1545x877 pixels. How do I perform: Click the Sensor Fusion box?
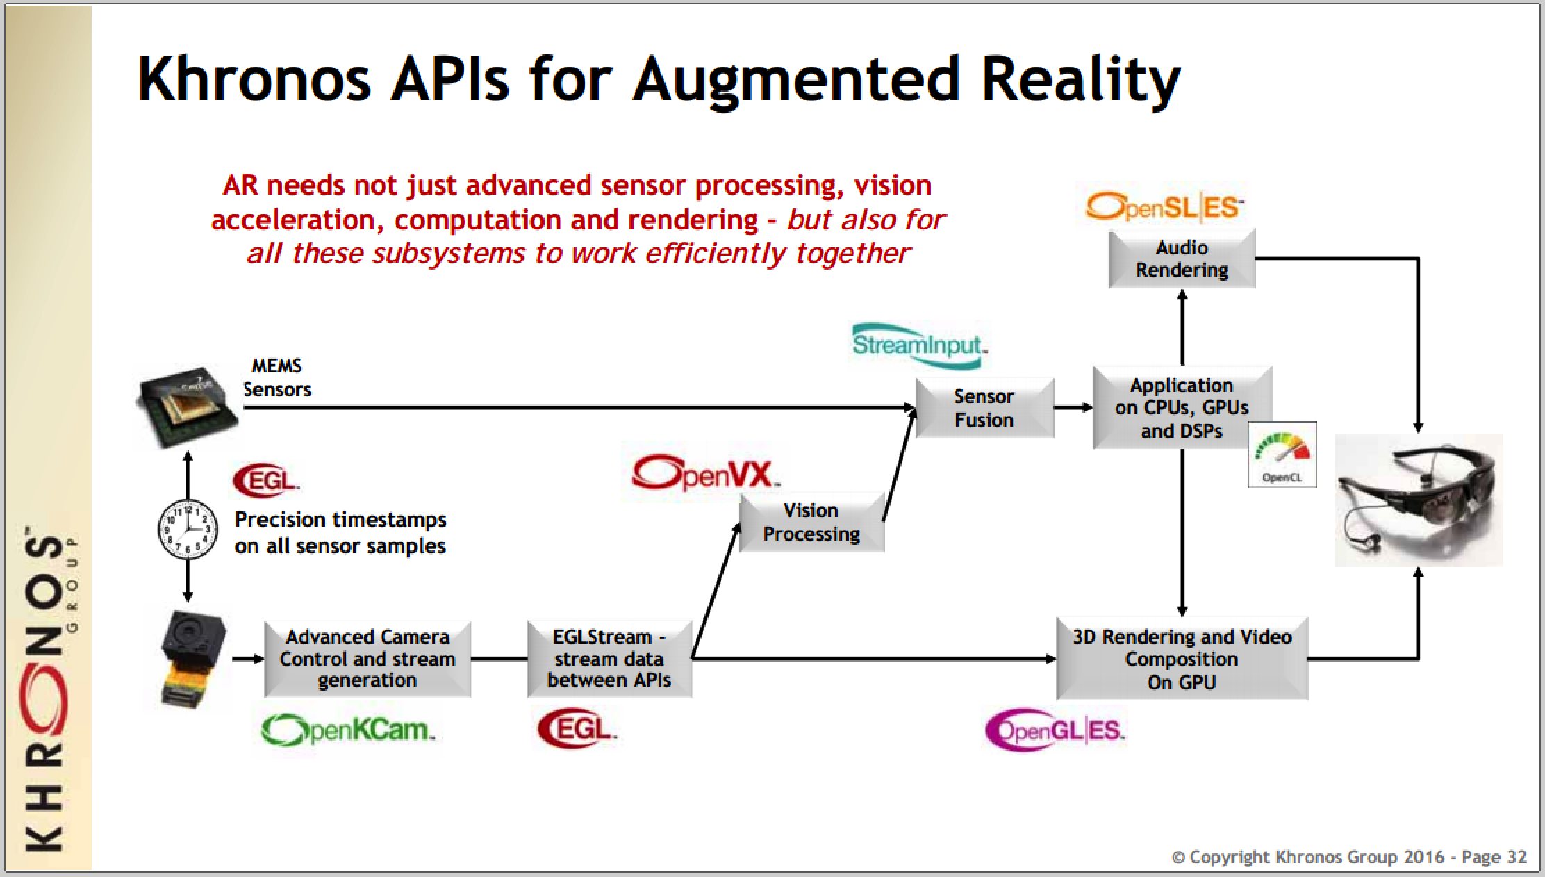coord(984,408)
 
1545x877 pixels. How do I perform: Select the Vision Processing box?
coord(811,522)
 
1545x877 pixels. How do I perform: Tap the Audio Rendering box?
coord(1181,259)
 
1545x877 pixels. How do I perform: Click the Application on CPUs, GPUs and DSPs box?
coord(1181,408)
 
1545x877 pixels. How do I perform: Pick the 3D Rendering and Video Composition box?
coord(1181,659)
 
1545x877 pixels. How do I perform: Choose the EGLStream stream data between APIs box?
coord(609,659)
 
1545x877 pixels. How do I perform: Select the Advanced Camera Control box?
coord(367,659)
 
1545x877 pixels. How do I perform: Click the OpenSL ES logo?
coord(1163,207)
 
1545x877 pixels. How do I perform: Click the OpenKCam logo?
coord(347,730)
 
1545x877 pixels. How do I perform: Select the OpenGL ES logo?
coord(1055,730)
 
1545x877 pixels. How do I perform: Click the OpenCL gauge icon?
coord(1282,454)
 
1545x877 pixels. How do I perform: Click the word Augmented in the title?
coord(796,79)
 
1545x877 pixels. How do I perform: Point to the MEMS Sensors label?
coord(276,377)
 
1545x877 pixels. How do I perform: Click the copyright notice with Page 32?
coord(1348,857)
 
